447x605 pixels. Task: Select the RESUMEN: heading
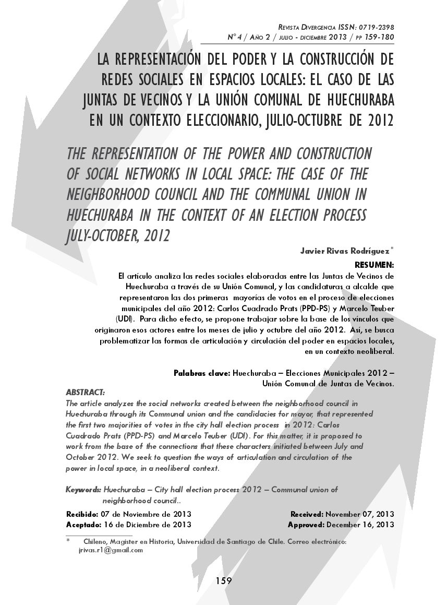(374, 265)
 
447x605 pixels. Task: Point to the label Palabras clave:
(201, 373)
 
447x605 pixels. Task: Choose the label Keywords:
(83, 490)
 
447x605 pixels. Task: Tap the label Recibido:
(82, 514)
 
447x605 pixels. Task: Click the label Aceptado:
(82, 525)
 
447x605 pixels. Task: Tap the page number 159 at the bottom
(223, 580)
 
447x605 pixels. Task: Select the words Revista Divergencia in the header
(303, 27)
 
